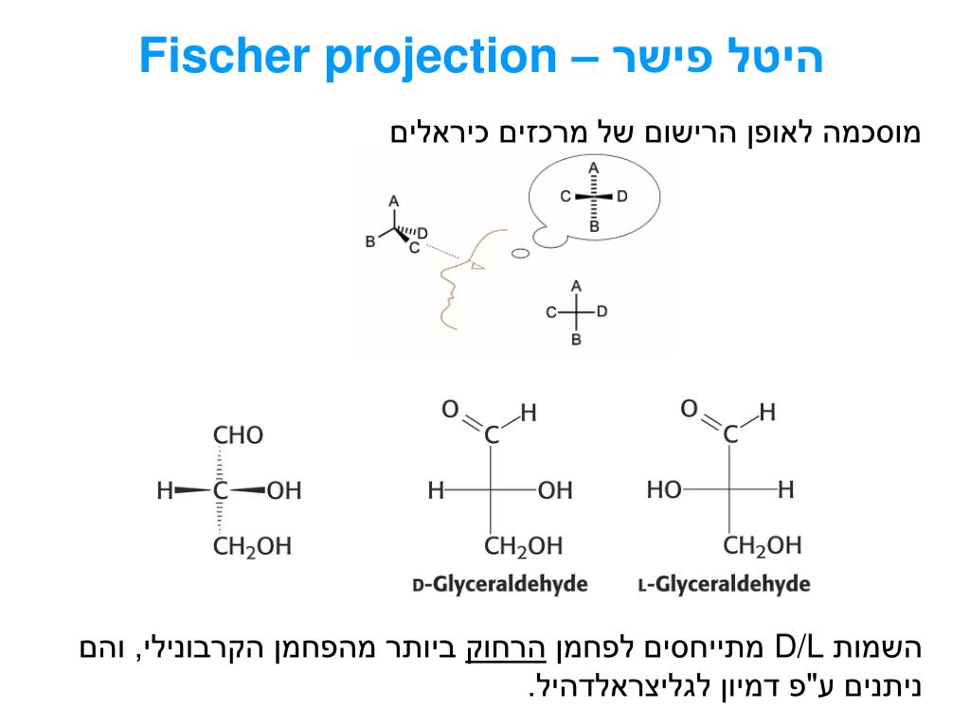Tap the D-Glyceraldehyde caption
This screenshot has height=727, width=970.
[x=500, y=584]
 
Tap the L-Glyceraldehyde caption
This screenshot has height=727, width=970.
[x=724, y=584]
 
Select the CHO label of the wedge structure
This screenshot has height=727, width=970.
[x=238, y=436]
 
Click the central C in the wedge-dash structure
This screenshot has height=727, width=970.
[x=221, y=490]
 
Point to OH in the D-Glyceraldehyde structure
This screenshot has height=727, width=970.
[x=555, y=490]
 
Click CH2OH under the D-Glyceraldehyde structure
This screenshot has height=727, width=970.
[x=523, y=546]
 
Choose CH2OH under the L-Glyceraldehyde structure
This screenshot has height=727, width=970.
[x=762, y=546]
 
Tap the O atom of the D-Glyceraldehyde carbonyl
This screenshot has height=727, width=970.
[x=450, y=410]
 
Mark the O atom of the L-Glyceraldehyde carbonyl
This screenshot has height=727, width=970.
[x=690, y=410]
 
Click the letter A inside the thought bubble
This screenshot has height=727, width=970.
[x=594, y=168]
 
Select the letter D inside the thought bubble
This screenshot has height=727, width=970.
[x=622, y=197]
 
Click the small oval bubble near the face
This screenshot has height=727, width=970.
[x=519, y=254]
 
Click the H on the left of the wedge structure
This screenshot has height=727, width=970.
[x=165, y=490]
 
